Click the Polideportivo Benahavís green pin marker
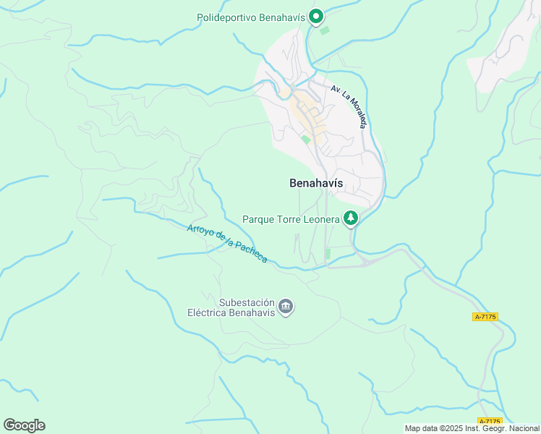pyautogui.click(x=315, y=16)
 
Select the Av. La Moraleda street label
pyautogui.click(x=349, y=106)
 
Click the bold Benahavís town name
pyautogui.click(x=316, y=183)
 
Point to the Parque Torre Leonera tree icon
pyautogui.click(x=351, y=218)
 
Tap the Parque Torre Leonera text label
pyautogui.click(x=291, y=218)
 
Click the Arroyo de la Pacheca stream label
pyautogui.click(x=227, y=244)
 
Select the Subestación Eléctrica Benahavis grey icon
pyautogui.click(x=286, y=308)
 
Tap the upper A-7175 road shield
pyautogui.click(x=486, y=317)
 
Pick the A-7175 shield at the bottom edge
pyautogui.click(x=490, y=422)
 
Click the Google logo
pyautogui.click(x=24, y=425)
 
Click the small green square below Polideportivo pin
pyautogui.click(x=324, y=31)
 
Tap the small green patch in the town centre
pyautogui.click(x=306, y=140)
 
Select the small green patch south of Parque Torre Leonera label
pyautogui.click(x=328, y=253)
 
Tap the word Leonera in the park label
pyautogui.click(x=320, y=218)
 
